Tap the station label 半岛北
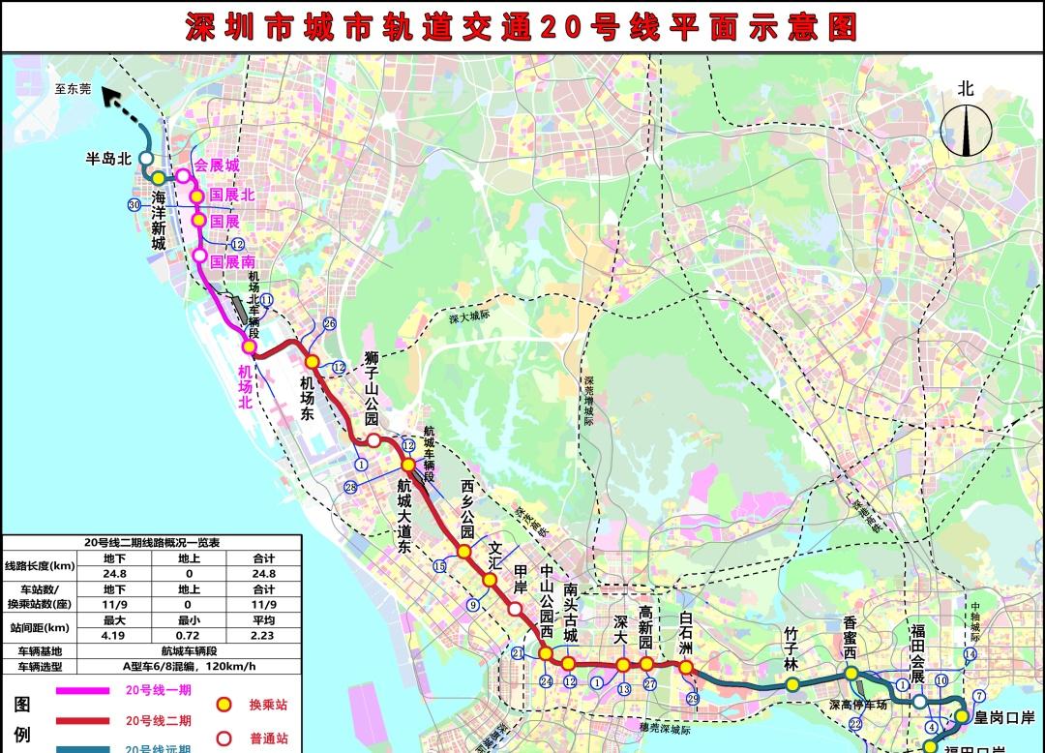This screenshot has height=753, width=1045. (x=107, y=159)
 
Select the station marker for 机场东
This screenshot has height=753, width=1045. (x=312, y=361)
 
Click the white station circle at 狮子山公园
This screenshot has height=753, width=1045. (x=373, y=441)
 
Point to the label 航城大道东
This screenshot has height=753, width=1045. (x=404, y=516)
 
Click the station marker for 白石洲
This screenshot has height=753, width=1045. (x=685, y=668)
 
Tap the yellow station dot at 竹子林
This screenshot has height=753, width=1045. (x=791, y=684)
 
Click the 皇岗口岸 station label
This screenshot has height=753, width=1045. (x=1004, y=718)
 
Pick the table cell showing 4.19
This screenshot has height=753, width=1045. (x=114, y=636)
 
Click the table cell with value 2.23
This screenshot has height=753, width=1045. (x=263, y=636)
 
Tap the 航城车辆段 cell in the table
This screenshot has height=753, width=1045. (x=189, y=651)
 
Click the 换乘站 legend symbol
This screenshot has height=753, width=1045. (x=224, y=705)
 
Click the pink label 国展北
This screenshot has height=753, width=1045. (x=231, y=195)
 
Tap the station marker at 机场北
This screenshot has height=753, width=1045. (x=249, y=346)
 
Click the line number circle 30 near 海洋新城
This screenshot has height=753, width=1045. (x=134, y=204)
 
